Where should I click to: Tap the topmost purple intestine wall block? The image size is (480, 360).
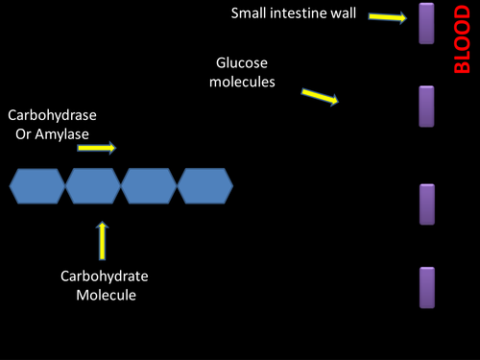427,23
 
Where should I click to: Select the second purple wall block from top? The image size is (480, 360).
427,107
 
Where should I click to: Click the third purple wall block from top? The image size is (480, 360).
427,204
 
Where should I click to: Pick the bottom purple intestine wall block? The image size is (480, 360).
427,288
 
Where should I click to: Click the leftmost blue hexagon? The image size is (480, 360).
37,184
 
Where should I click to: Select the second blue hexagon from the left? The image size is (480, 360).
93,184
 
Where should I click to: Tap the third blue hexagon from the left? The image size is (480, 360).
149,184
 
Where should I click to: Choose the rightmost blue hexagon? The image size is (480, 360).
204,184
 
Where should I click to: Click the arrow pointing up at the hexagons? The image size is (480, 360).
102,240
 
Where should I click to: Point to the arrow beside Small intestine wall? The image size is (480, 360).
387,17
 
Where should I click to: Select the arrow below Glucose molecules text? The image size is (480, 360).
320,97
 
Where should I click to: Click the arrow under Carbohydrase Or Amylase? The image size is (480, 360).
97,148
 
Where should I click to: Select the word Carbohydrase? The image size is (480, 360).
53,114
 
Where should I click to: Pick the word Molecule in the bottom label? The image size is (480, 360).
106,295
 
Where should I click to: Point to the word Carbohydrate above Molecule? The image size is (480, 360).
105,277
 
